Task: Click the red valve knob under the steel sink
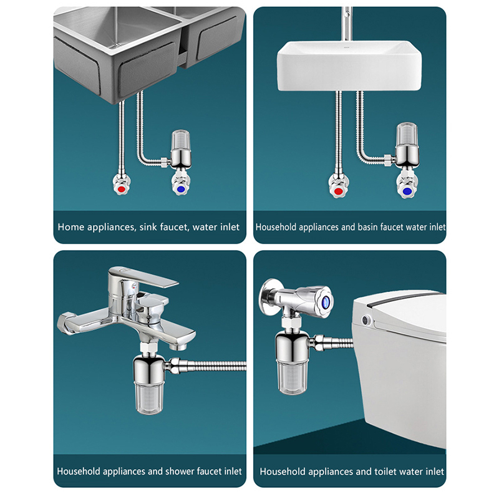[x=121, y=189]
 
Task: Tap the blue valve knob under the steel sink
[x=180, y=189]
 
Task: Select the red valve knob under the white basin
[x=338, y=191]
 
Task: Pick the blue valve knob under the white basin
[x=407, y=191]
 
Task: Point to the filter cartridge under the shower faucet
[x=148, y=397]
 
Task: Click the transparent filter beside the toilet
[x=292, y=377]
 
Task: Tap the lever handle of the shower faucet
[x=143, y=278]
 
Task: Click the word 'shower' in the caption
[x=178, y=471]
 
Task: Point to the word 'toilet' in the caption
[x=385, y=472]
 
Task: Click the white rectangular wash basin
[x=349, y=66]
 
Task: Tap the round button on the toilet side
[x=366, y=319]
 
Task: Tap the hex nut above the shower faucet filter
[x=149, y=347]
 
